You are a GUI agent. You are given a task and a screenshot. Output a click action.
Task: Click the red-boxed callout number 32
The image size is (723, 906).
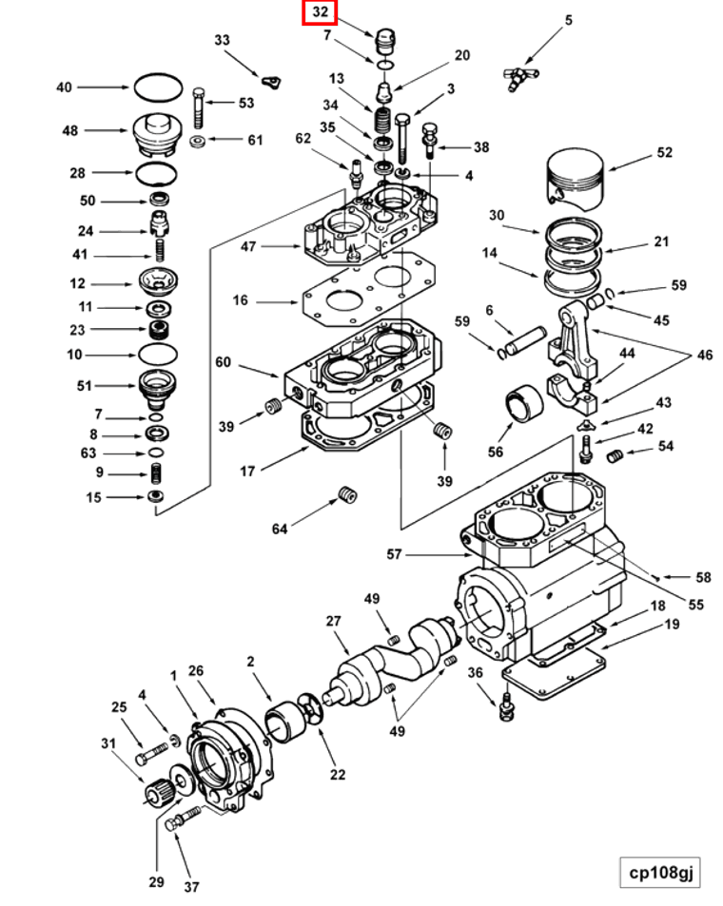tap(320, 12)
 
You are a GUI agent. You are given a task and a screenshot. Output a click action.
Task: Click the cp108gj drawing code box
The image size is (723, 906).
tap(660, 872)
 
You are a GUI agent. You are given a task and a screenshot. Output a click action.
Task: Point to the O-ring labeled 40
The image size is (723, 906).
tap(159, 87)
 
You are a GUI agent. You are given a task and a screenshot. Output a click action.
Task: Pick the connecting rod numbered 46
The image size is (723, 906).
tap(572, 357)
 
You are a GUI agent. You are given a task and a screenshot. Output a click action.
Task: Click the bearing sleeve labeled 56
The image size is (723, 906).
tap(524, 403)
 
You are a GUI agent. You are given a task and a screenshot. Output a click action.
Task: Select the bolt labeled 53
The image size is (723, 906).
tap(199, 108)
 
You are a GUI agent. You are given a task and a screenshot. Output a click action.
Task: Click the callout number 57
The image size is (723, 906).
tap(394, 554)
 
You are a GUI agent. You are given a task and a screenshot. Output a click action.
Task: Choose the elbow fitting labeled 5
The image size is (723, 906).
tap(519, 77)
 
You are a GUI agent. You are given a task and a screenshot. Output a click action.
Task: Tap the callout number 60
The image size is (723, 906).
tap(223, 361)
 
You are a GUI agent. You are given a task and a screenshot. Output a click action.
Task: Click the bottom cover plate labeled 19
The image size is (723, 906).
tap(553, 670)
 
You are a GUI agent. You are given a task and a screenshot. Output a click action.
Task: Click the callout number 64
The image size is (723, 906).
tap(280, 529)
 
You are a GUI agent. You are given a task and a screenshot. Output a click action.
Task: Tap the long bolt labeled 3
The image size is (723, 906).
tap(402, 139)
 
